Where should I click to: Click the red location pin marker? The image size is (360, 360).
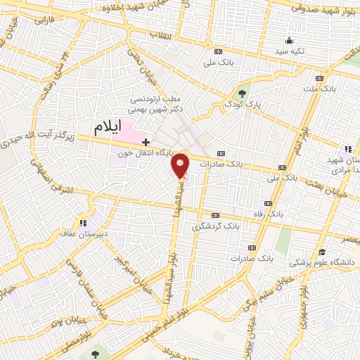181,165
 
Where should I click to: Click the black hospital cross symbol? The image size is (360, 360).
146,142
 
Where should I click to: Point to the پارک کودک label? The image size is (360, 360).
243,104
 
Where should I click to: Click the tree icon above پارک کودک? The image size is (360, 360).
243,92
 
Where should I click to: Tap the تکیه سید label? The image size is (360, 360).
289,52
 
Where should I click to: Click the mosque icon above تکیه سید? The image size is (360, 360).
289,40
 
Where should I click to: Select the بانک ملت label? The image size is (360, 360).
322,89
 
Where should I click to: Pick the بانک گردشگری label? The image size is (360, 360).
217,227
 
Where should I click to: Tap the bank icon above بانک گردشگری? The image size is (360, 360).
217,215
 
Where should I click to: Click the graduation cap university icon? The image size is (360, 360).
322,252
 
